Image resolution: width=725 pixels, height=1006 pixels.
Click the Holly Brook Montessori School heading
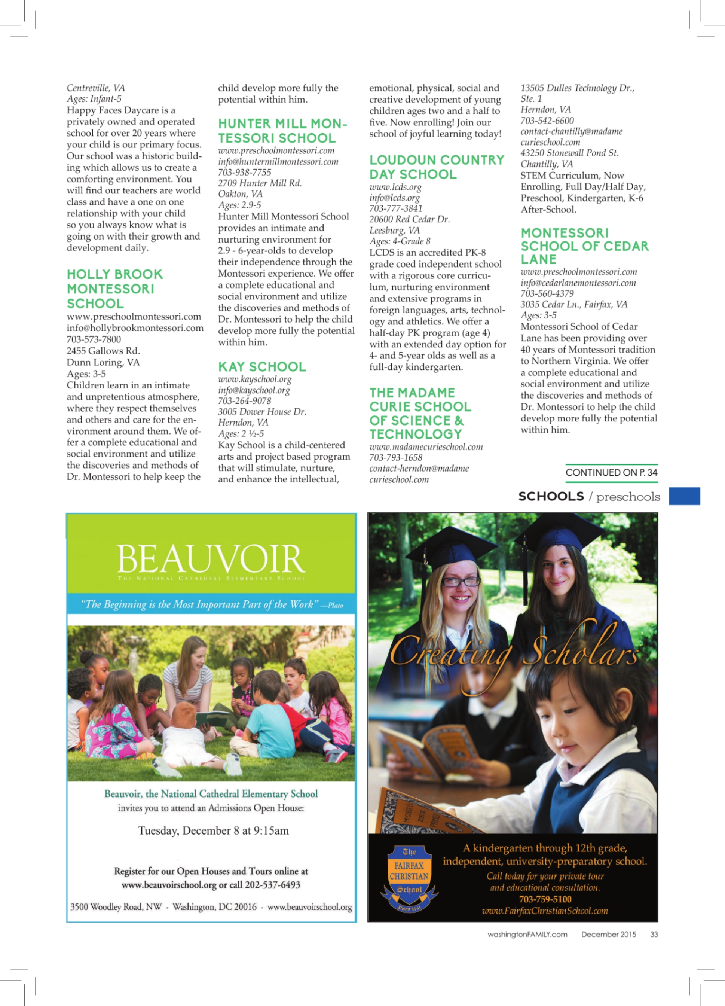pyautogui.click(x=115, y=289)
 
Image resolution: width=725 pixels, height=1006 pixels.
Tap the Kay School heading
pyautogui.click(x=261, y=367)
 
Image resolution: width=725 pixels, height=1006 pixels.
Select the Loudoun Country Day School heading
pyautogui.click(x=436, y=167)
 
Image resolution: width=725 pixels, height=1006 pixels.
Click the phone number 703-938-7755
pyautogui.click(x=244, y=173)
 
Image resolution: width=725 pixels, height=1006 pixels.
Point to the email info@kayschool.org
pyautogui.click(x=254, y=390)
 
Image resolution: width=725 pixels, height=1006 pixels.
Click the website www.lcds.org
pyautogui.click(x=395, y=187)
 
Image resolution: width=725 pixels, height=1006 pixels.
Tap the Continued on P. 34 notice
pyautogui.click(x=611, y=473)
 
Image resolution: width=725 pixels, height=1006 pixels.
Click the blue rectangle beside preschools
pyautogui.click(x=684, y=496)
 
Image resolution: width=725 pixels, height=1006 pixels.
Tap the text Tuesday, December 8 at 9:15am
pyautogui.click(x=213, y=830)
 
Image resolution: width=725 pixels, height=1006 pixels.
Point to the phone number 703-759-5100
pyautogui.click(x=545, y=899)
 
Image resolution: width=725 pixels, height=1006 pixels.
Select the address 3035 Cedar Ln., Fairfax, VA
pyautogui.click(x=574, y=304)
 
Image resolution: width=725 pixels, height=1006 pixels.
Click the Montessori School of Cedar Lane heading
pyautogui.click(x=584, y=246)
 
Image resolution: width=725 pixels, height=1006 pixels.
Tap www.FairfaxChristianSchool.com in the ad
pyautogui.click(x=545, y=911)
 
